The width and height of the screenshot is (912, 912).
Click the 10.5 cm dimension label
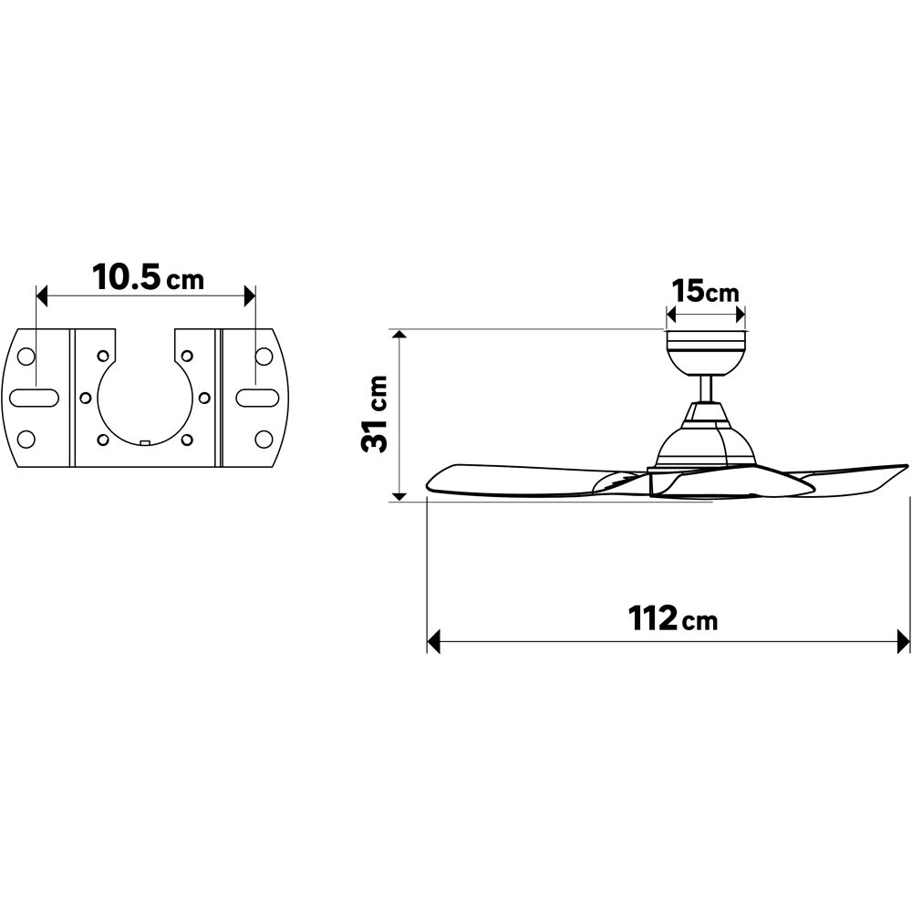coord(149,277)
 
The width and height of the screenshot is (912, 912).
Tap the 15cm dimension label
coord(705,291)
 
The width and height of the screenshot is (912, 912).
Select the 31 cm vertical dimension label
coord(375,414)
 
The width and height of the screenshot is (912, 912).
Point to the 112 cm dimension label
coord(672,618)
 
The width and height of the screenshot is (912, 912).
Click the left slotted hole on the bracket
coord(35,398)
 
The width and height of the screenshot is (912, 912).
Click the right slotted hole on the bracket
coord(256,398)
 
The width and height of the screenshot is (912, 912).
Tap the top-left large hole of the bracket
coord(26,356)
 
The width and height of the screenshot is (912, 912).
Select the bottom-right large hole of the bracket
coord(264,440)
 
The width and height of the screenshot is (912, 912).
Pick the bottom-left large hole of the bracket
coord(26,440)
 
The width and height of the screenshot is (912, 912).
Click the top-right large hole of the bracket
coord(264,356)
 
